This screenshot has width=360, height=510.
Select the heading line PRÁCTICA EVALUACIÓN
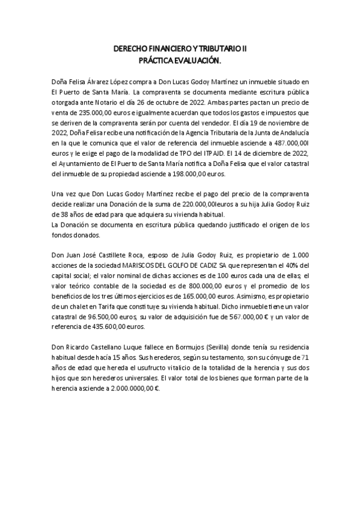(180, 61)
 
